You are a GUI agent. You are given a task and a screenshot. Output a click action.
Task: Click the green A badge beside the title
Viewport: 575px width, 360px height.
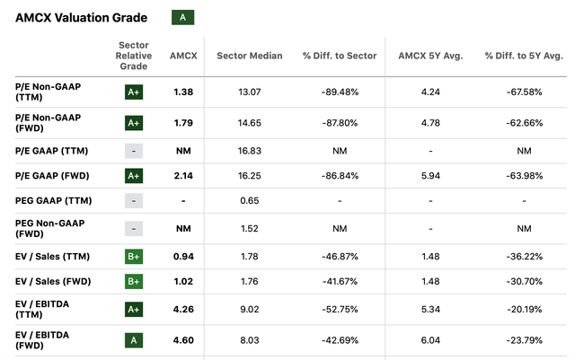(182, 17)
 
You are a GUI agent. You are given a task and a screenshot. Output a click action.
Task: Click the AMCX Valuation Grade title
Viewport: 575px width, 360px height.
(77, 17)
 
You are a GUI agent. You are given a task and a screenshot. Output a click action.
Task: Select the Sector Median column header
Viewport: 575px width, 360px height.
(250, 56)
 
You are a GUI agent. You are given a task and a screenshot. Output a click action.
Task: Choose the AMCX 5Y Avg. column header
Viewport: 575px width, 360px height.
(430, 56)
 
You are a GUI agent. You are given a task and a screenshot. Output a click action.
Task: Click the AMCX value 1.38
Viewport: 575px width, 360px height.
(182, 91)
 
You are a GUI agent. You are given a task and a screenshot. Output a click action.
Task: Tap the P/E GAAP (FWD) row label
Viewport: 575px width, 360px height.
(52, 175)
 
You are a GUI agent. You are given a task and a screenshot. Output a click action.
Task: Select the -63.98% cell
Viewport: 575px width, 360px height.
(523, 175)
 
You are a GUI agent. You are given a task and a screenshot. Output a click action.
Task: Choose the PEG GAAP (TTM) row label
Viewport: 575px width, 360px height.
(53, 200)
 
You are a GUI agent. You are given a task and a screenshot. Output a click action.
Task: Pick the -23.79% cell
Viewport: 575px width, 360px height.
(523, 340)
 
